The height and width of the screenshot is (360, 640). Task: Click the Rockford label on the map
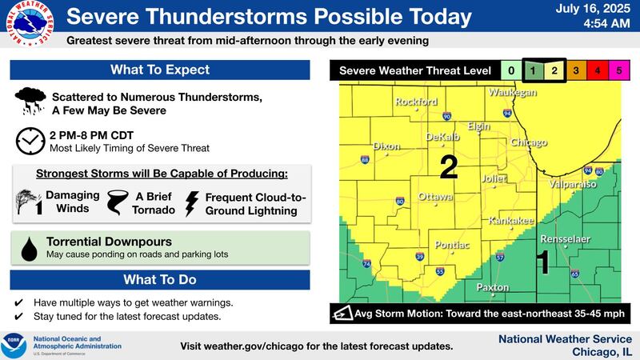416,102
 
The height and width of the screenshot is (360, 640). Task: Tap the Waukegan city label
513,93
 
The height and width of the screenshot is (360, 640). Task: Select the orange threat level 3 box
576,70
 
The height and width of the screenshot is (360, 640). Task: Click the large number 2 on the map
449,167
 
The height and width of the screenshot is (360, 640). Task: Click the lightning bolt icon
192,204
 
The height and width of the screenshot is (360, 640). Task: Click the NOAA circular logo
14,345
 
